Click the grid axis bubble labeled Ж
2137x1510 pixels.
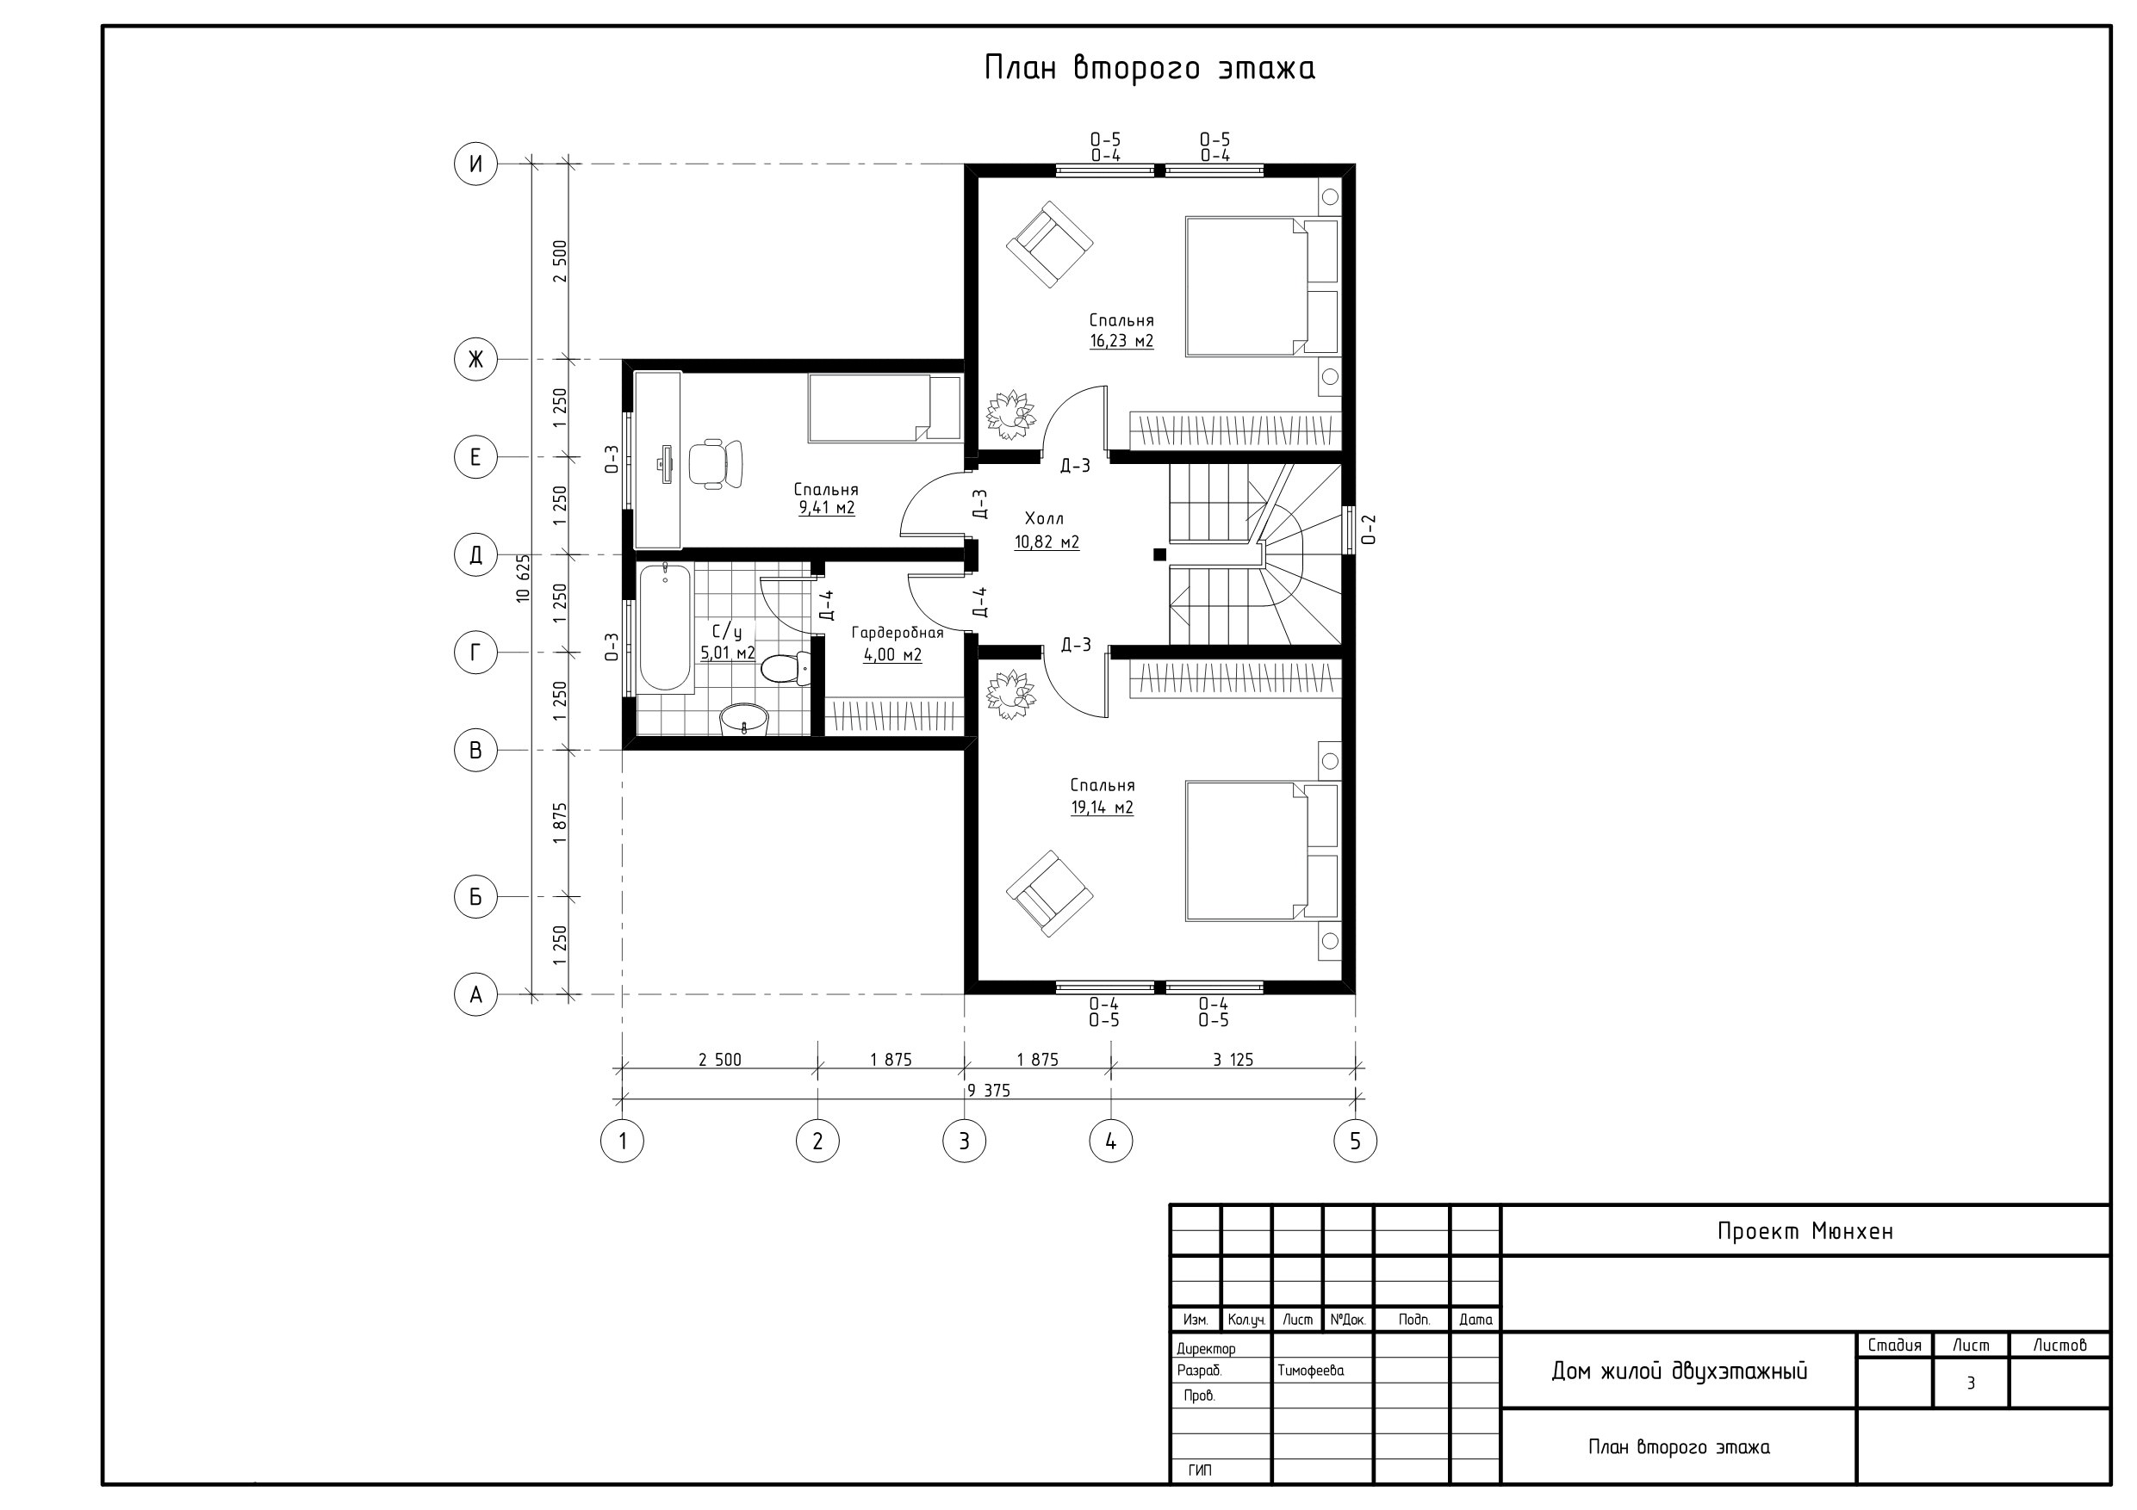[475, 359]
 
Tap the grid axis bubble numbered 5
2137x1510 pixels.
[1355, 1141]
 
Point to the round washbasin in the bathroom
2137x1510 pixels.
[744, 719]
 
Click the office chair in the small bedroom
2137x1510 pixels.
[716, 463]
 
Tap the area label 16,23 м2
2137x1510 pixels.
[1121, 342]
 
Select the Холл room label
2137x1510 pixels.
[1044, 518]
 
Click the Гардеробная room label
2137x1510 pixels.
[898, 634]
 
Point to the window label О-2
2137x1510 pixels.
[1368, 529]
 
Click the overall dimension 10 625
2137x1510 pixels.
[523, 579]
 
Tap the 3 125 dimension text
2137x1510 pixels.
[1233, 1060]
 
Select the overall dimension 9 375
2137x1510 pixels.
[989, 1091]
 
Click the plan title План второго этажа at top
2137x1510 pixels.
[1150, 68]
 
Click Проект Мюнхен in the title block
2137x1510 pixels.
[1805, 1232]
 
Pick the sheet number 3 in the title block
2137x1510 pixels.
[1971, 1383]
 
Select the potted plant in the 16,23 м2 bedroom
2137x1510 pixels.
[1011, 415]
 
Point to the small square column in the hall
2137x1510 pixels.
[1159, 554]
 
